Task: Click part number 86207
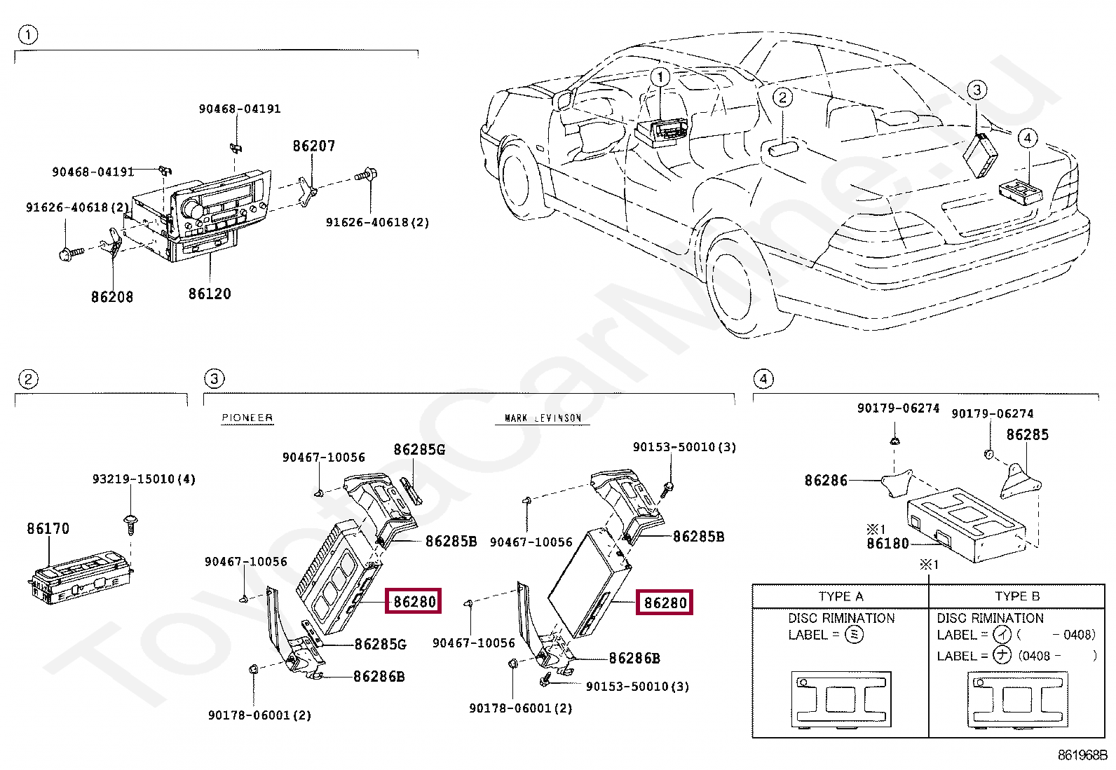click(313, 146)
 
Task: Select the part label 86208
click(112, 296)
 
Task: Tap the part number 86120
click(210, 294)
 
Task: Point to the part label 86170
click(48, 528)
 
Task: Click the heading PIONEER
click(247, 418)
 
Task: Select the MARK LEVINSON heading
click(543, 418)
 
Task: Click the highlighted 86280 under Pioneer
click(414, 602)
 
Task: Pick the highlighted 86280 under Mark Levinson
click(665, 603)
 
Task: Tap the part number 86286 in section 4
click(826, 480)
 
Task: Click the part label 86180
click(887, 543)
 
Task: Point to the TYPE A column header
click(841, 596)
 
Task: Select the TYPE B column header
click(1017, 596)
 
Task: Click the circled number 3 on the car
click(976, 90)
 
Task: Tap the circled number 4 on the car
click(1027, 137)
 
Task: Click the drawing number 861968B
click(1082, 755)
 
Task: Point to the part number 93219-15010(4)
click(144, 479)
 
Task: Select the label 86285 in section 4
click(1027, 434)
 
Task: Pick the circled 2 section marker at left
click(28, 379)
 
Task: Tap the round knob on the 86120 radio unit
click(190, 209)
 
